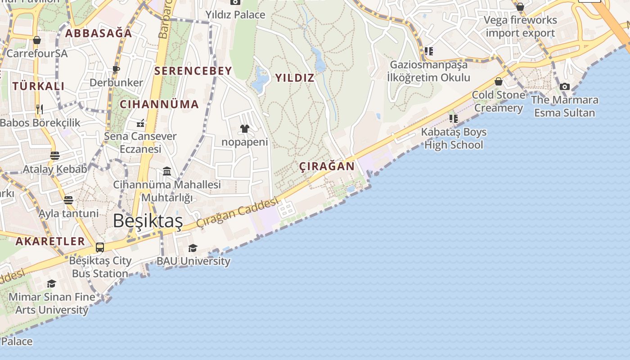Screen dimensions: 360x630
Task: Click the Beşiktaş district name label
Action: click(x=148, y=221)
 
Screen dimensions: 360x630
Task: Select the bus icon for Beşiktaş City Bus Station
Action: click(x=100, y=247)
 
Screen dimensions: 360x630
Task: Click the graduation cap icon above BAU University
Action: click(x=193, y=248)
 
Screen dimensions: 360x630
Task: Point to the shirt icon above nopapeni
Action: click(x=244, y=129)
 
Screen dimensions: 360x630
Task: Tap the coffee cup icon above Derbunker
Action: click(x=116, y=69)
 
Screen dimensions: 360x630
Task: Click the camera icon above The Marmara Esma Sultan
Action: click(x=565, y=86)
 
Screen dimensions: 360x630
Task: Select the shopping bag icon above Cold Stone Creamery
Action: click(x=498, y=81)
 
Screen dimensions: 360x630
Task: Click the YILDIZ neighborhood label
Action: click(x=295, y=78)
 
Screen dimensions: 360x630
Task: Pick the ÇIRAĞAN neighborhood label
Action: click(x=327, y=166)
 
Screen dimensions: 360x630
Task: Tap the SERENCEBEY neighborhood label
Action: click(x=193, y=71)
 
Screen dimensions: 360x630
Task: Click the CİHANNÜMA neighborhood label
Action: click(x=159, y=104)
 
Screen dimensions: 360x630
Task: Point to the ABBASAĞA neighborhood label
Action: click(x=99, y=33)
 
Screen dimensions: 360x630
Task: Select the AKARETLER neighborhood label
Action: click(x=50, y=241)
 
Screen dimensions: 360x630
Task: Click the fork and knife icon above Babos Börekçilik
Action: click(x=40, y=109)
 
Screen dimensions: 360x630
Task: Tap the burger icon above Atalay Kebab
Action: click(x=55, y=156)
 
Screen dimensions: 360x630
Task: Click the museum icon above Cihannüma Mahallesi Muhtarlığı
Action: click(x=167, y=171)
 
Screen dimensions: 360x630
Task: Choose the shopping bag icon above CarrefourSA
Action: click(x=37, y=40)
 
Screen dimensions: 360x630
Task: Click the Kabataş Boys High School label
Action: click(x=454, y=139)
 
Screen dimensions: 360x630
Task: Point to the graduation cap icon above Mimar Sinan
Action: click(x=52, y=283)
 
